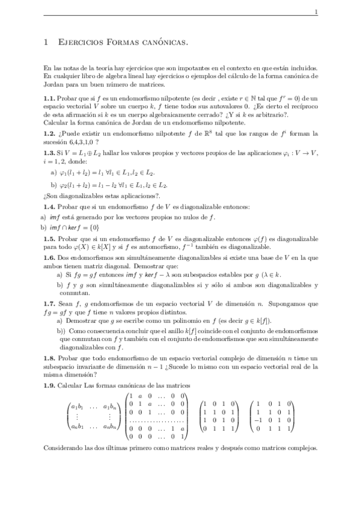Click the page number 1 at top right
click(317, 12)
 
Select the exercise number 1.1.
click(50, 98)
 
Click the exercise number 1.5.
click(50, 239)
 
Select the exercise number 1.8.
click(50, 358)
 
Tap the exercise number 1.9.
click(50, 386)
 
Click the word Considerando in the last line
click(63, 449)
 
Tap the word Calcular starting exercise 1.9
click(70, 386)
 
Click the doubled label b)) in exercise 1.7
click(61, 331)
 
